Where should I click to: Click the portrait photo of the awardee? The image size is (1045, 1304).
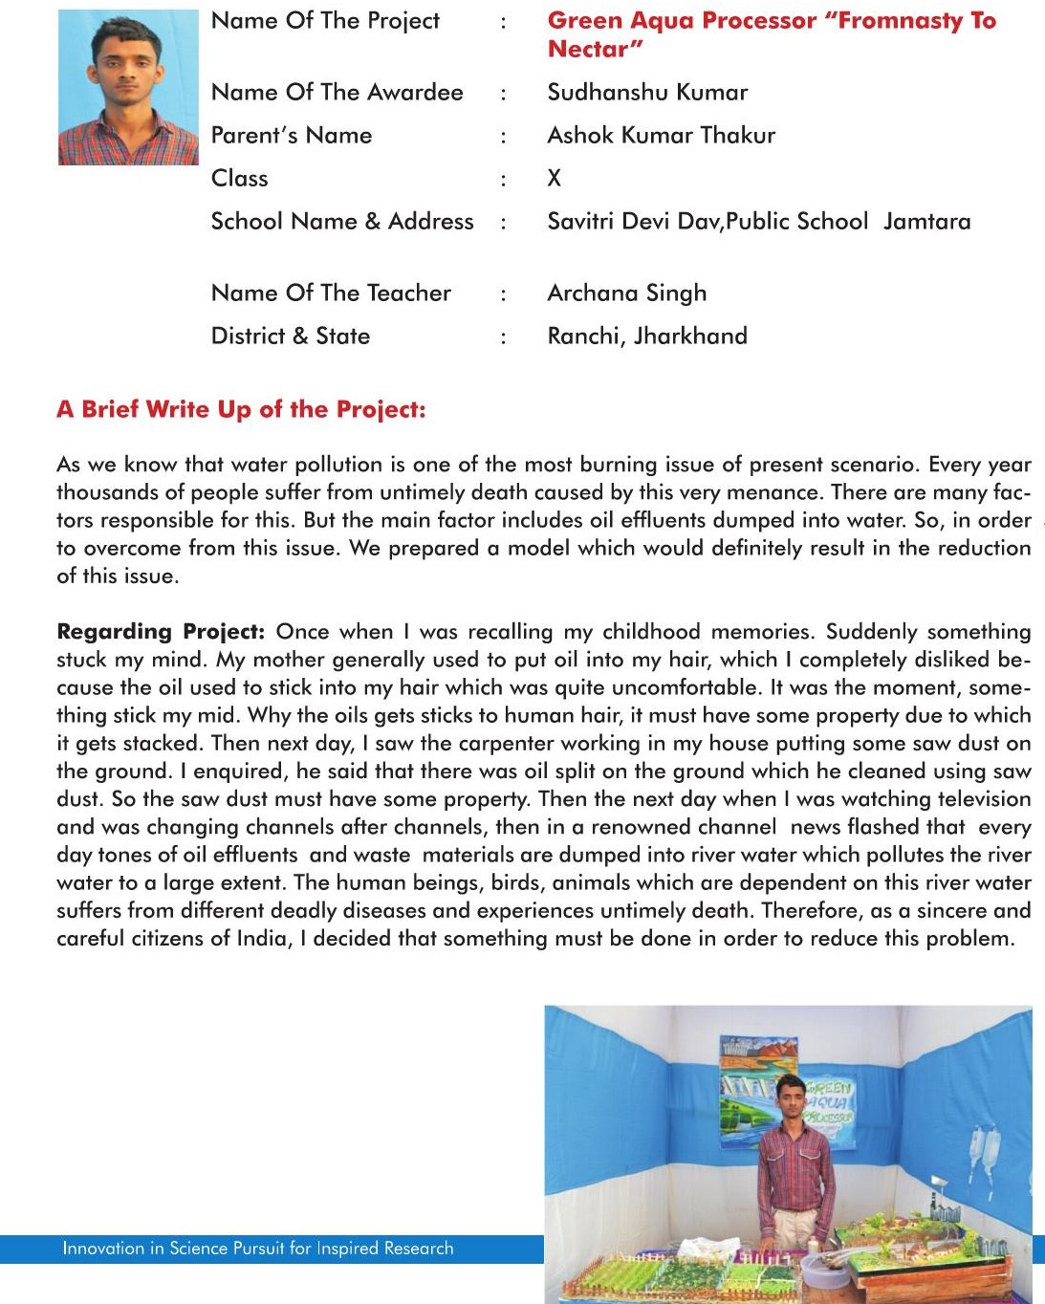[128, 87]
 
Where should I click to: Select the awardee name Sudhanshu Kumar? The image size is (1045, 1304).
[647, 93]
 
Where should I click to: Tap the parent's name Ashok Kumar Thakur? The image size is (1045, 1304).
[661, 136]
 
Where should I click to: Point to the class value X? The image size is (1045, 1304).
[555, 179]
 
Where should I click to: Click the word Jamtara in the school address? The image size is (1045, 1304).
[926, 222]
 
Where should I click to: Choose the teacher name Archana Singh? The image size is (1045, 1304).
[626, 293]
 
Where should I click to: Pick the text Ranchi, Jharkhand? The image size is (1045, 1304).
[647, 337]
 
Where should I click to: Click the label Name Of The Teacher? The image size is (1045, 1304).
[331, 293]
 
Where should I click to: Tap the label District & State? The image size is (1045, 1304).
[291, 337]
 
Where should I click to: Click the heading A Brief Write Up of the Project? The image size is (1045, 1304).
[241, 410]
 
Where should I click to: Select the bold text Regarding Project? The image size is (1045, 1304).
[161, 632]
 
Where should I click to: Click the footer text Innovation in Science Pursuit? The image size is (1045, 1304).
[258, 1249]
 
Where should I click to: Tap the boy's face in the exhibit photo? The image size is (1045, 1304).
[789, 1094]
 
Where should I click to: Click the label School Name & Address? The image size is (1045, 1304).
[342, 222]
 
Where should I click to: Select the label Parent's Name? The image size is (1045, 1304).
[292, 136]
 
